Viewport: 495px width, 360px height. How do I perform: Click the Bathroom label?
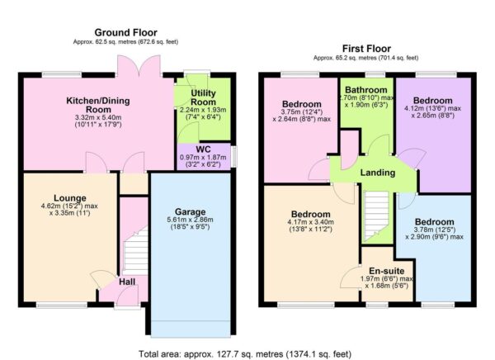pyautogui.click(x=366, y=89)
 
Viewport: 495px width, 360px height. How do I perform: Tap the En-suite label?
pyautogui.click(x=386, y=270)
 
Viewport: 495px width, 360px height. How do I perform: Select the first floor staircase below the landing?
pyautogui.click(x=376, y=215)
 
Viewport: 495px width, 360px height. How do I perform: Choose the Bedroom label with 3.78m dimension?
pyautogui.click(x=433, y=223)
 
